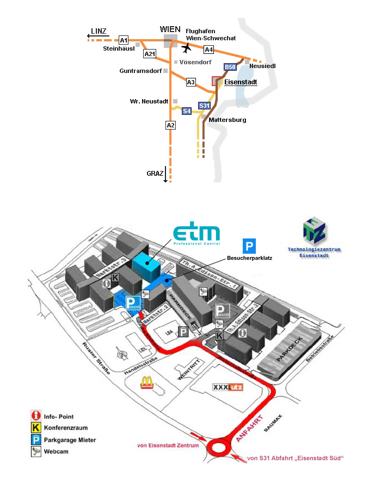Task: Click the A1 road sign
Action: coord(124,40)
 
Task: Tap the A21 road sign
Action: coord(150,54)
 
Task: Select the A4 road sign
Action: coord(208,50)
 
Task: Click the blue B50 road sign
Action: coord(230,67)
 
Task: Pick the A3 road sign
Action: coord(190,82)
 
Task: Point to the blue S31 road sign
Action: coord(204,106)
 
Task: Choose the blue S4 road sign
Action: coord(187,111)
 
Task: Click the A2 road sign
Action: coord(171,126)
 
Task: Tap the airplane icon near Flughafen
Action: coord(187,48)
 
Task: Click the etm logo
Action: coord(196,234)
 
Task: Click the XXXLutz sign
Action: coord(228,388)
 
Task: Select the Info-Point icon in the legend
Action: coord(36,416)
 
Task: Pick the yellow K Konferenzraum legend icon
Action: coord(36,428)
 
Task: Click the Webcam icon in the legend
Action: coord(36,451)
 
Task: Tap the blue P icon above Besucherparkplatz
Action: coord(249,246)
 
